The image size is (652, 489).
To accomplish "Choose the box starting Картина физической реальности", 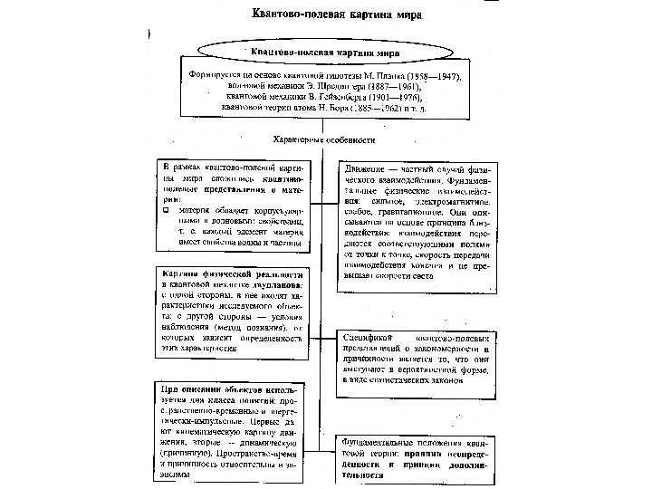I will coord(233,310).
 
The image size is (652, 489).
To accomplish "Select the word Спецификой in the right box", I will coord(369,336).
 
